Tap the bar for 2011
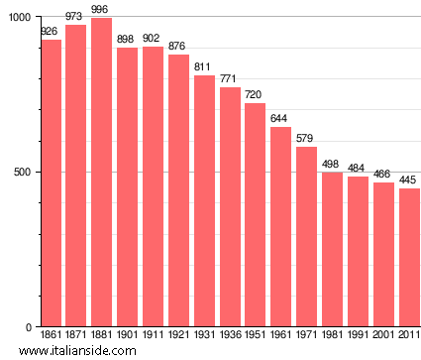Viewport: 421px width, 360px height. (408, 258)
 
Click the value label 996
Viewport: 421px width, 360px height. (100, 9)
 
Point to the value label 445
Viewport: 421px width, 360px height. (408, 180)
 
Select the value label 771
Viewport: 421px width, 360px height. (229, 79)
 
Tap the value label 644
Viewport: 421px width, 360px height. (280, 119)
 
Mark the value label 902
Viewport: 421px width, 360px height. (153, 39)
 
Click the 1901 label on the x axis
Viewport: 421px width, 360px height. (127, 336)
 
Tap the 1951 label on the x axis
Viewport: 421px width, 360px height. (255, 336)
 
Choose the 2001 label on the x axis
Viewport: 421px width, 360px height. (382, 336)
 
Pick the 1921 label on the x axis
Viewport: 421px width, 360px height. (178, 336)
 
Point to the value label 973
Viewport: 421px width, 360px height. (75, 17)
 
